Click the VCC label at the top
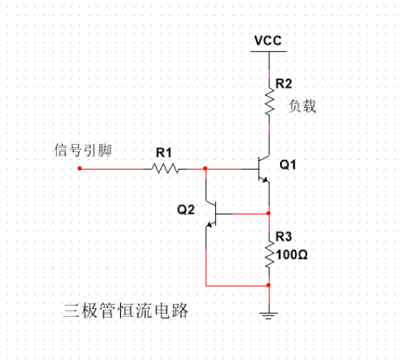268,41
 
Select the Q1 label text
288,164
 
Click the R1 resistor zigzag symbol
165,169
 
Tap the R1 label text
165,152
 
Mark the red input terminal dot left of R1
80,169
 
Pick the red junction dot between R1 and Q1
205,169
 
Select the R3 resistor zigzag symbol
269,254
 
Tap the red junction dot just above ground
269,286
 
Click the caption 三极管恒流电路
125,310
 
